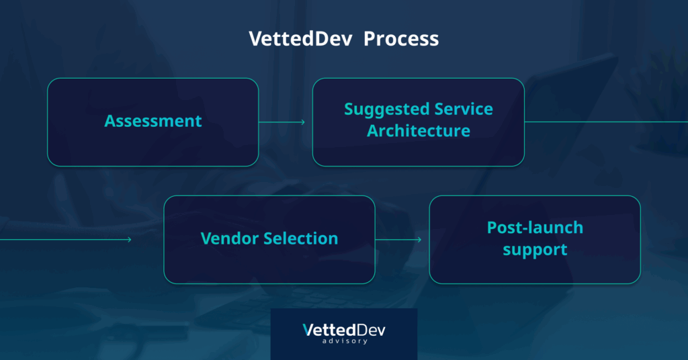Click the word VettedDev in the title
click(x=300, y=38)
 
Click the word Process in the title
click(x=401, y=38)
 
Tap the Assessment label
click(x=153, y=121)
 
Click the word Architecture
click(x=419, y=131)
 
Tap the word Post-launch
click(x=535, y=228)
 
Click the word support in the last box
click(x=535, y=250)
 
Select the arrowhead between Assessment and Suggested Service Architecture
click(x=303, y=122)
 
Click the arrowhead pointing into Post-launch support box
click(x=419, y=240)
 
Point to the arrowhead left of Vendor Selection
click(x=129, y=240)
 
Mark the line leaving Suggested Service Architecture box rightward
click(x=607, y=122)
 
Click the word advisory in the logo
click(x=345, y=341)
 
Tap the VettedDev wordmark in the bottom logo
click(x=344, y=330)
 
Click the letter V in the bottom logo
click(x=308, y=330)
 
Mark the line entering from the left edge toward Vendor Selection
click(x=66, y=240)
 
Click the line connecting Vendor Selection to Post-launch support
click(x=398, y=240)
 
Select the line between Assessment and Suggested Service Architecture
click(x=282, y=122)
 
